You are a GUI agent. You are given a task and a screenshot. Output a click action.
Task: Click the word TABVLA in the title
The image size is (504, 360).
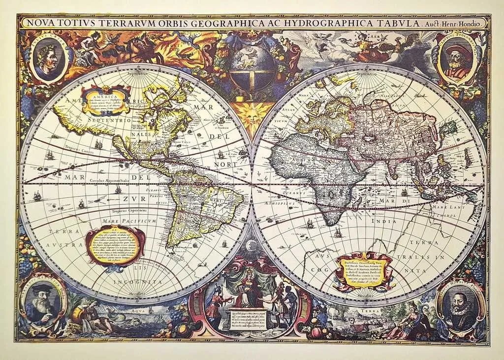399,23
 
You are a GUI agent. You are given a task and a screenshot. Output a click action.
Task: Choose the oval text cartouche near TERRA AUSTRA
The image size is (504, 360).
115,245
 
